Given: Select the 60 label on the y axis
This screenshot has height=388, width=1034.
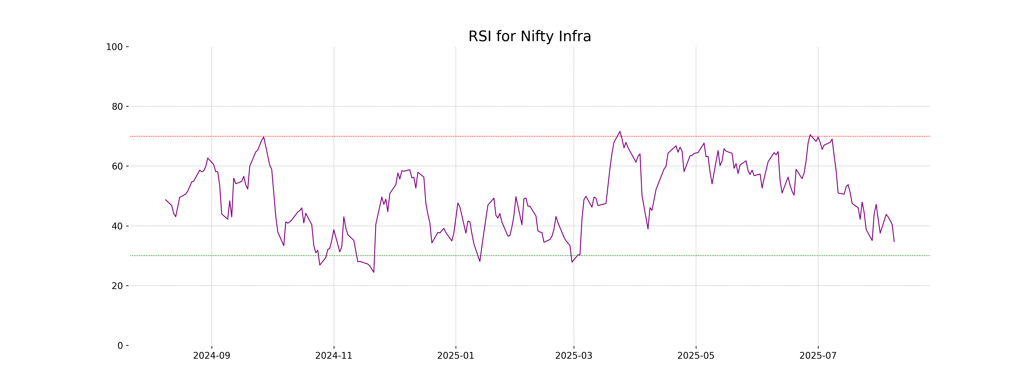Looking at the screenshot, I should coord(117,166).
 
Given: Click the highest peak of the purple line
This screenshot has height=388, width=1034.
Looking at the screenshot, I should coord(620,131).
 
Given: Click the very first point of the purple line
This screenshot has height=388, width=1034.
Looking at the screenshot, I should coord(165,200).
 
